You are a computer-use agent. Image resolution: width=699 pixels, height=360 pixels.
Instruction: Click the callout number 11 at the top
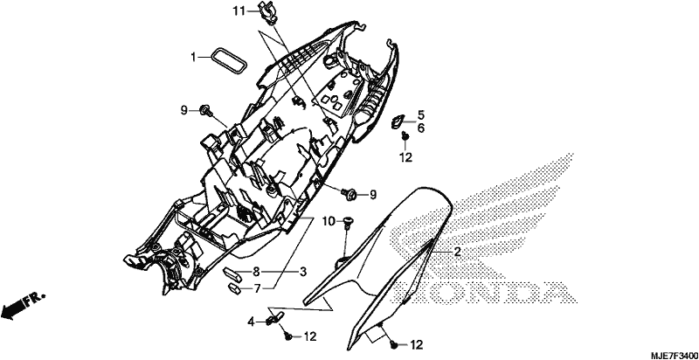pos(239,10)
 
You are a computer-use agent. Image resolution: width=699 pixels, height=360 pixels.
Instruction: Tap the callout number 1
pos(193,57)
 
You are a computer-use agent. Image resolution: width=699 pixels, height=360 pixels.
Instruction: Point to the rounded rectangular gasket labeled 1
pos(229,60)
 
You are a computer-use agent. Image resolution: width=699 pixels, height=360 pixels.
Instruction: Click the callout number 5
pos(421,115)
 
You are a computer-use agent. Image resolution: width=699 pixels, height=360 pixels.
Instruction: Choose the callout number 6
pos(421,128)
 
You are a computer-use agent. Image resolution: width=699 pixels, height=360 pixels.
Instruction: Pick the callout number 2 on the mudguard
pos(457,253)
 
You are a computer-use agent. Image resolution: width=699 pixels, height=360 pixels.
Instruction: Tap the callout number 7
pos(257,288)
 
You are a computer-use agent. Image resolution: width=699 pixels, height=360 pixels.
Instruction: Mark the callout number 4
pos(252,322)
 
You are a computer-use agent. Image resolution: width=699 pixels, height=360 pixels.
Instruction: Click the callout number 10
pos(329,221)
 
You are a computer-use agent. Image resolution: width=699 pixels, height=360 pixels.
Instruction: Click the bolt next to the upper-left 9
pos(206,110)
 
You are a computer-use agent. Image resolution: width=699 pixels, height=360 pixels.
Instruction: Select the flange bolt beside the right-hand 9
pos(349,193)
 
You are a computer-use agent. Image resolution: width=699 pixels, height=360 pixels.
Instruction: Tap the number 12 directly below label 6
pos(405,156)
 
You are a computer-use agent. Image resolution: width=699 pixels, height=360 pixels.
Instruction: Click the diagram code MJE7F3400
pos(674,355)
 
